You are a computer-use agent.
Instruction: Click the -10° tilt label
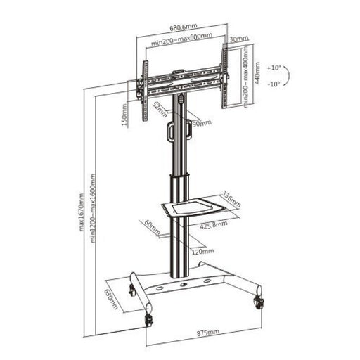[274, 84]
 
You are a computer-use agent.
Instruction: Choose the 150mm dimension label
[124, 113]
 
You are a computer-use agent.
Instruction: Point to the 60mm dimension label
[150, 228]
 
